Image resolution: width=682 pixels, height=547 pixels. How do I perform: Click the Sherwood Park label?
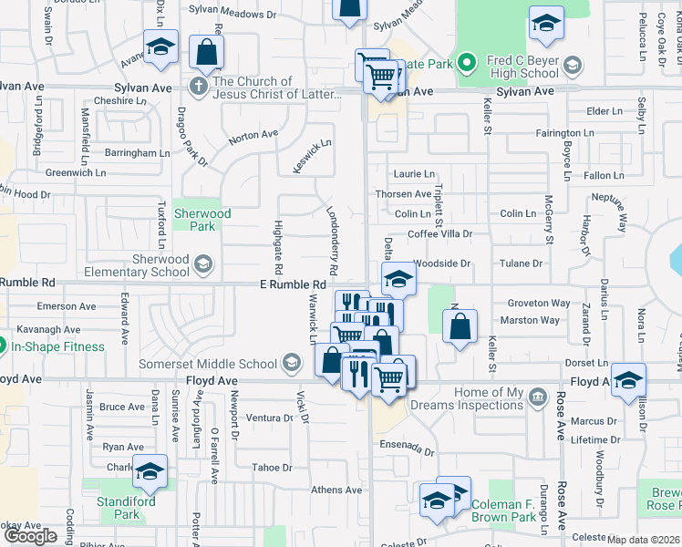202,220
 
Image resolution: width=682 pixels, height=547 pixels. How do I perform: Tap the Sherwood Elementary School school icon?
203,265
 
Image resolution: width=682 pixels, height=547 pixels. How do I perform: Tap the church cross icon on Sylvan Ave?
198,85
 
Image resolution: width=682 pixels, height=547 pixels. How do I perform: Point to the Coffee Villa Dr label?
439,234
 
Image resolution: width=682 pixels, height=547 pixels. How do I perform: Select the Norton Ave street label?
253,135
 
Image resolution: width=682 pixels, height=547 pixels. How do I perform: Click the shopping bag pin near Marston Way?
460,326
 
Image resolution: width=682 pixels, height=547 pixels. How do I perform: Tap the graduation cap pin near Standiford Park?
150,471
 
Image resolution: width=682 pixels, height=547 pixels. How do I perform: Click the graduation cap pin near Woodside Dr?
398,279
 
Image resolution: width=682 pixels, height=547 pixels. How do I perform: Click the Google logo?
30,535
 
